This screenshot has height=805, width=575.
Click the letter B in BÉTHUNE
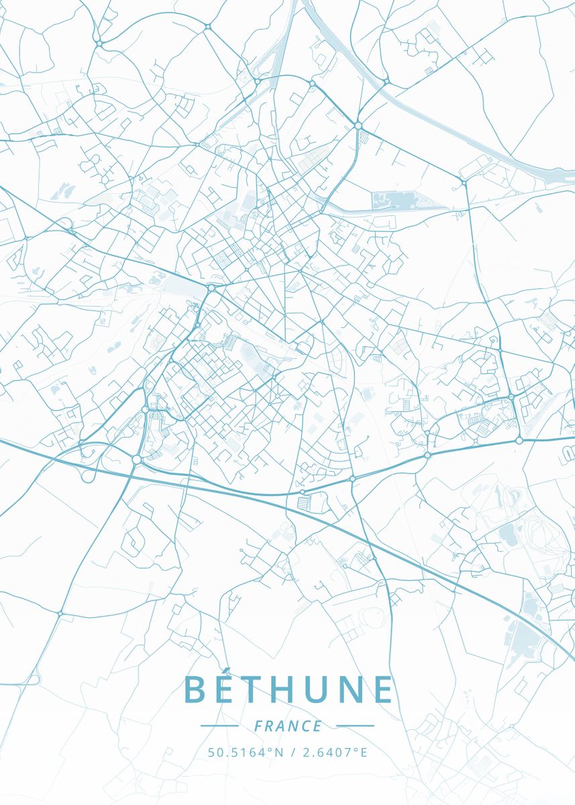[196, 690]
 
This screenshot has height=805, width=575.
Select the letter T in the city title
[266, 690]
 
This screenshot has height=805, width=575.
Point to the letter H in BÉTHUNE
[301, 690]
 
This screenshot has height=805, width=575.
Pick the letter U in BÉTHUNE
[341, 690]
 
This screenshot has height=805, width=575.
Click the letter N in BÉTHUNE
[379, 690]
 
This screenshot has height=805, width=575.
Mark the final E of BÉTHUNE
[383, 690]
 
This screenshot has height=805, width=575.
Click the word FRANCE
[288, 726]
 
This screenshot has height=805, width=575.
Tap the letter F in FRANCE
[258, 726]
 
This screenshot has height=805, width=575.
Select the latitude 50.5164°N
[246, 752]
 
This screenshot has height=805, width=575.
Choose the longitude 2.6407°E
[335, 752]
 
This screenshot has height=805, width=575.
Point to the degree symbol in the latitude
[271, 749]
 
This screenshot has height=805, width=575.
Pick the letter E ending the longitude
[364, 752]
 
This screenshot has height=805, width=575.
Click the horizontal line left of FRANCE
[219, 726]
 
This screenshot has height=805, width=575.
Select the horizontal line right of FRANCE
[355, 726]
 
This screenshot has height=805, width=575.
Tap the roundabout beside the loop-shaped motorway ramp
[136, 460]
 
